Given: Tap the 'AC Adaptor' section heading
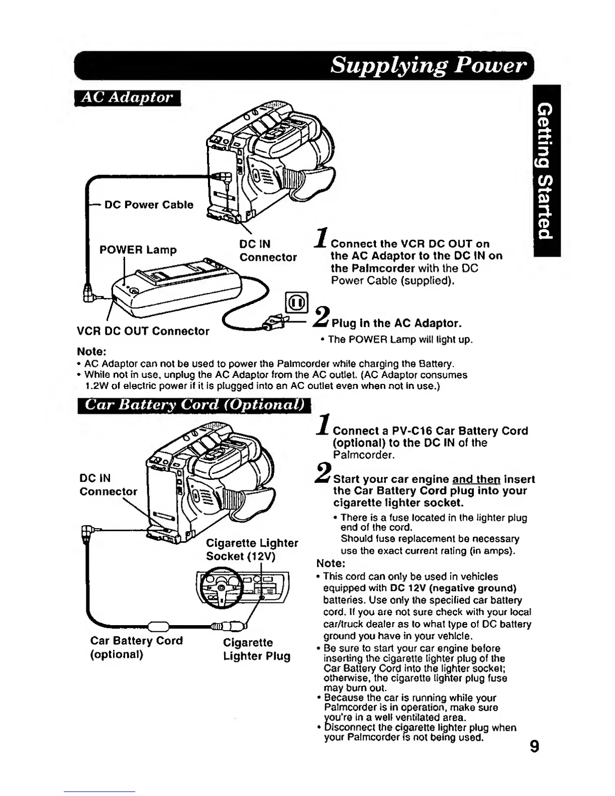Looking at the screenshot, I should pos(127,97).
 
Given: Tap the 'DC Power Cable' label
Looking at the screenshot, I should pos(149,205).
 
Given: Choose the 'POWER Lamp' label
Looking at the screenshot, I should pos(138,250).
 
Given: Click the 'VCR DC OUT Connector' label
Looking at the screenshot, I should pos(143,331).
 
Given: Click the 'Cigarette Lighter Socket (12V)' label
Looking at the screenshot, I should pos(252,550).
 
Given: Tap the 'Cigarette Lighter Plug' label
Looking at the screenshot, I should pos(256,649).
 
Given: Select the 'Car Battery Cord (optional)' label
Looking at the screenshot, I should pos(136,647).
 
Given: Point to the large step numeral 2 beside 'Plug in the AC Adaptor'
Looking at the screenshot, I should pos(321,317).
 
